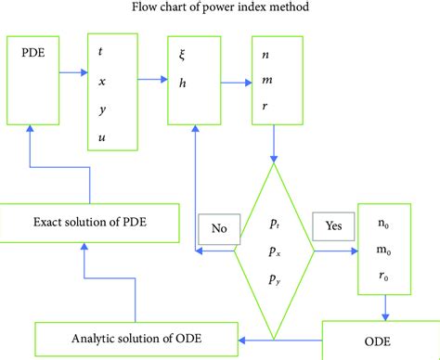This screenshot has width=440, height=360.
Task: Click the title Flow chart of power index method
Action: point(220,10)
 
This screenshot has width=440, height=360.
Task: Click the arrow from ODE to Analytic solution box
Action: point(278,338)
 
